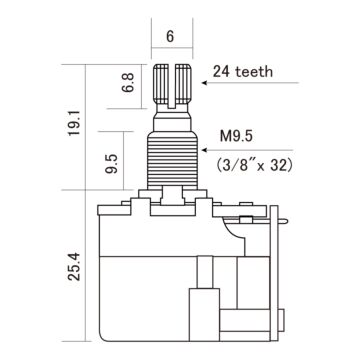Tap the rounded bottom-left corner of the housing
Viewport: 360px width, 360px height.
[x=103, y=331]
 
